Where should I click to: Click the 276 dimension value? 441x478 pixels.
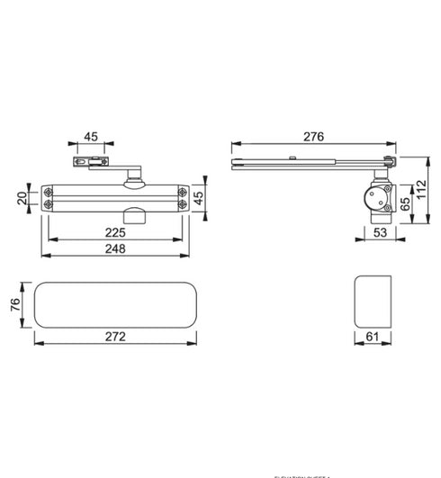click(312, 136)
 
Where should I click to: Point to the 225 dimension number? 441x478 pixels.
click(114, 231)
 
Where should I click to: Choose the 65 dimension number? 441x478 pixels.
click(404, 205)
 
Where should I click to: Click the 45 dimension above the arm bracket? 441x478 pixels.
click(91, 137)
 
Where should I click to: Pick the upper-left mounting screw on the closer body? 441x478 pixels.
click(48, 191)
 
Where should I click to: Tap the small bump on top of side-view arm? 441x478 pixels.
click(293, 158)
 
